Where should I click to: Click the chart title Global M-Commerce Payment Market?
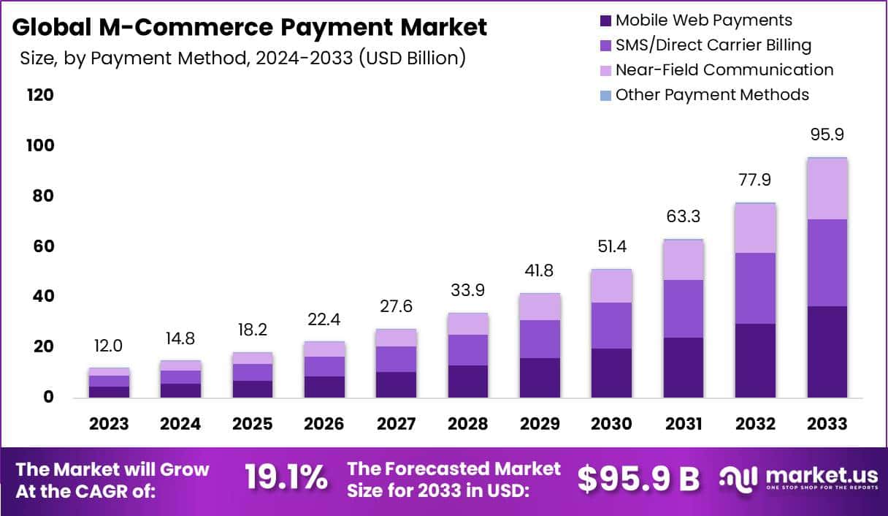pos(250,28)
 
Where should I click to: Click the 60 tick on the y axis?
pos(42,246)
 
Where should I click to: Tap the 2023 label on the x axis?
pos(109,425)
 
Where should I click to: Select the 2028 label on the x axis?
pos(467,425)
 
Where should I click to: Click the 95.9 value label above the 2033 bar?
pos(827,135)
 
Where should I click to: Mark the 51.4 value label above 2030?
pos(611,247)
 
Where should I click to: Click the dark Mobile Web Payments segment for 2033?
pos(827,352)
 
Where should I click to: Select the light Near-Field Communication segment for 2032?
pos(755,228)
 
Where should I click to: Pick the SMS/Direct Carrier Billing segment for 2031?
pos(683,308)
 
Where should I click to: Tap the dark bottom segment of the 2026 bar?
pos(324,387)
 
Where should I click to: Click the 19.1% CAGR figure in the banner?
pos(286,479)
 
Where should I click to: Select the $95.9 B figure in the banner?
pos(638,479)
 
